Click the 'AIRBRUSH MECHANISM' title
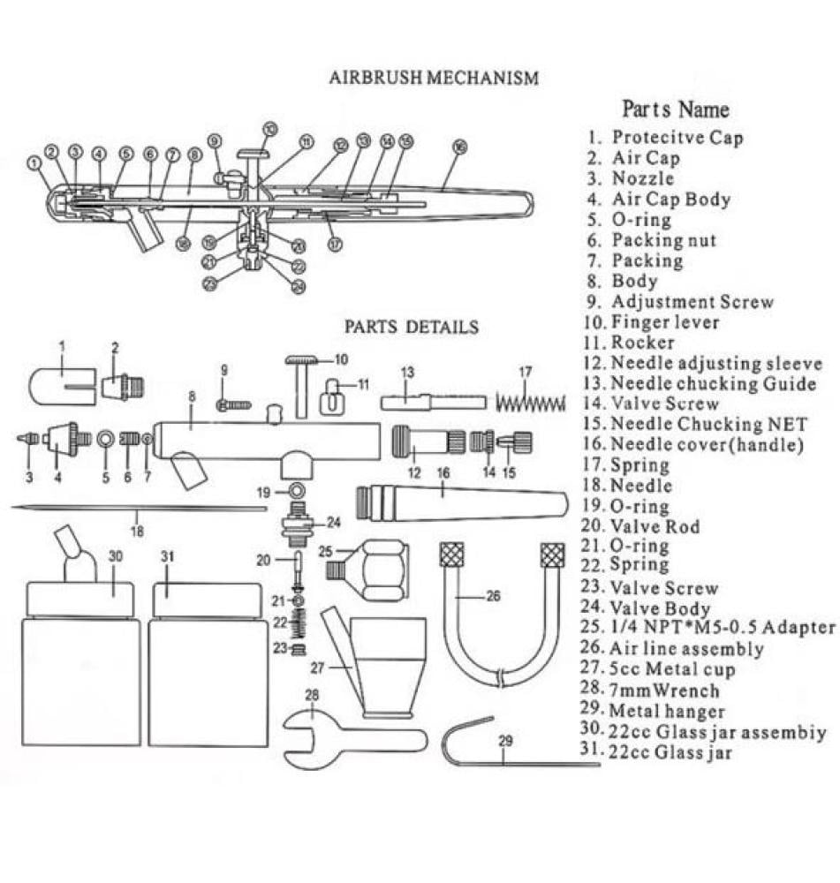(434, 78)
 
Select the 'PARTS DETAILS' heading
(412, 327)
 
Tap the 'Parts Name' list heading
(676, 109)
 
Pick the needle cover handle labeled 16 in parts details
(459, 505)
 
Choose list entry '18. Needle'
(641, 486)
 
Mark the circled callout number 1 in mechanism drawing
(34, 162)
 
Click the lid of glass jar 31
(206, 600)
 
